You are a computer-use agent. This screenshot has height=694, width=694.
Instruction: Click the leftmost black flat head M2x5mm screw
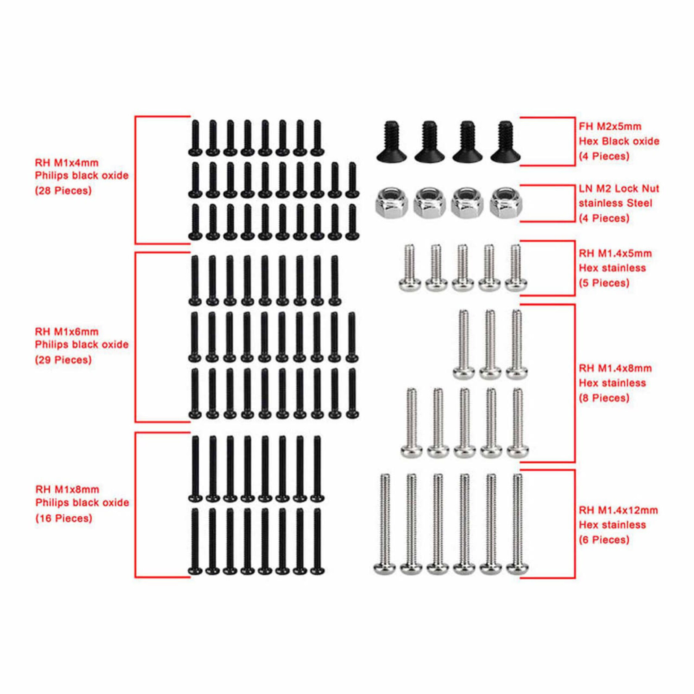coord(391,143)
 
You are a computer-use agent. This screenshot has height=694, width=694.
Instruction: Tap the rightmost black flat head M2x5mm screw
coord(505,143)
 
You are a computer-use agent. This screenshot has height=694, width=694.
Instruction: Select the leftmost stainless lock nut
coord(391,203)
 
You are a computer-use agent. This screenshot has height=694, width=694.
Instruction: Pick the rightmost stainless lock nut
coord(505,203)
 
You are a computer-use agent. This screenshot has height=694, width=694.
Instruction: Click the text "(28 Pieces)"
coord(63,191)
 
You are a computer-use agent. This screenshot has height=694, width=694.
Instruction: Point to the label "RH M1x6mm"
coord(66,331)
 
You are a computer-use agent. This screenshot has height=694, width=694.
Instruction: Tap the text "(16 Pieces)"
coord(63,518)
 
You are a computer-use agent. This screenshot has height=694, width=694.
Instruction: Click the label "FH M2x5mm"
coord(610,126)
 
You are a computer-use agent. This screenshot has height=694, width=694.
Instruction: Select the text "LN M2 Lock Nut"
coord(619,189)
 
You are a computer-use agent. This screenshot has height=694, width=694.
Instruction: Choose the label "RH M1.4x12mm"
coord(618,510)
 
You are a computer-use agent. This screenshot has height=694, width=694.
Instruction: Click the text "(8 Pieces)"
coord(604,398)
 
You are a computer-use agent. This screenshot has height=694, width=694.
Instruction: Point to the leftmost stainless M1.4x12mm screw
coord(384,525)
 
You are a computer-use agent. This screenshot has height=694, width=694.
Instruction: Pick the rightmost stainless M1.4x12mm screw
coord(517,525)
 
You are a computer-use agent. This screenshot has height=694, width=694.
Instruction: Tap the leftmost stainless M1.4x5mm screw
coord(410,269)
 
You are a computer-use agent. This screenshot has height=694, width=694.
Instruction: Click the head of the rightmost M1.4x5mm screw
coord(516,285)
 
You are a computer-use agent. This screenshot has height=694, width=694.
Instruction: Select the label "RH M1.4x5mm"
coord(615,253)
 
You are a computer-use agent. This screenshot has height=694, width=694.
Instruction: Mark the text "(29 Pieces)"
coord(63,360)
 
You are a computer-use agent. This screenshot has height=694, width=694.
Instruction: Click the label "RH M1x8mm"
coord(67,489)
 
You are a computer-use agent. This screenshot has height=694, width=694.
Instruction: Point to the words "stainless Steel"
coord(615,203)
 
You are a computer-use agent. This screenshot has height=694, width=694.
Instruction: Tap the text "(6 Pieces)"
coord(604,540)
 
